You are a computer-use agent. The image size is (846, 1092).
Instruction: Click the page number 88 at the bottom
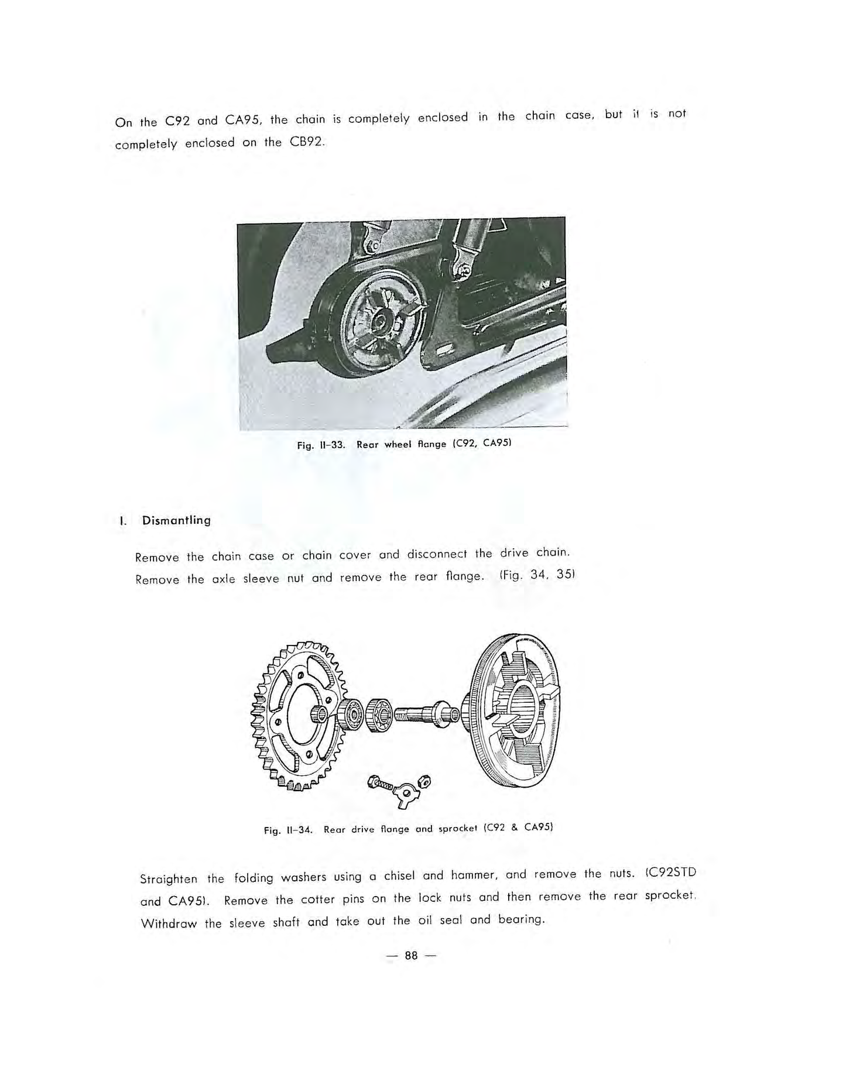point(411,956)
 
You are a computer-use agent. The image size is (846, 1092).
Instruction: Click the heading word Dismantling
point(176,520)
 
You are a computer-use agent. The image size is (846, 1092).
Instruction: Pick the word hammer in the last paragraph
point(474,875)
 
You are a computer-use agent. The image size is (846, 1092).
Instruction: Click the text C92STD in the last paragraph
point(671,873)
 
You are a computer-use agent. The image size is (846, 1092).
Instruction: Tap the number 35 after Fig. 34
point(565,574)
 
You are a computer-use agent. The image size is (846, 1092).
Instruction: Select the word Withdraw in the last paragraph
point(170,924)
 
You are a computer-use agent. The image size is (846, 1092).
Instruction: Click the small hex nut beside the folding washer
point(426,781)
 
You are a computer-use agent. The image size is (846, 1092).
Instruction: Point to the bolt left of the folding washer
point(380,782)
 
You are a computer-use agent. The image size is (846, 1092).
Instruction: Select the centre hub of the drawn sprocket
point(320,713)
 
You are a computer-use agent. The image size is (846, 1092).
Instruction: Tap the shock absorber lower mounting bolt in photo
point(462,269)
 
